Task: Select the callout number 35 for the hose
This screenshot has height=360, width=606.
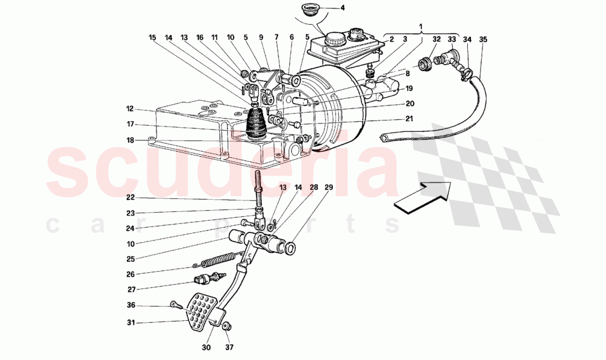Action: tap(483, 40)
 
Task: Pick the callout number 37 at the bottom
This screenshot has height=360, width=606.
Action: tap(229, 347)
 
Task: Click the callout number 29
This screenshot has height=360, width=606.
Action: tap(328, 188)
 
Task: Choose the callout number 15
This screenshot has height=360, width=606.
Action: tap(153, 38)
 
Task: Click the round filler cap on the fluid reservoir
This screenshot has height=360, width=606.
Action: tap(334, 39)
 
